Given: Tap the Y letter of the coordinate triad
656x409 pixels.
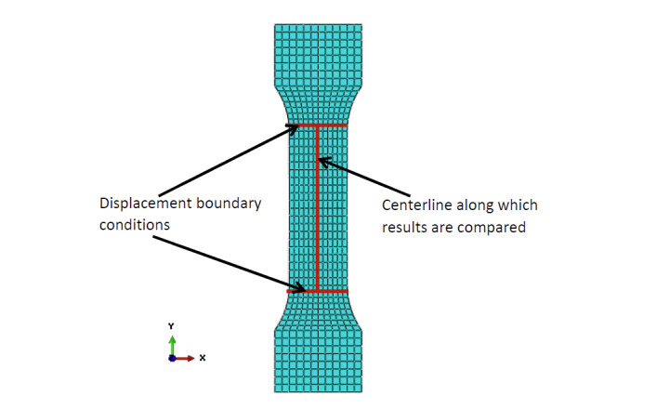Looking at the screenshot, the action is click(171, 326).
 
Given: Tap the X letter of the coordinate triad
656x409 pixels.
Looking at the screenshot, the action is click(202, 358).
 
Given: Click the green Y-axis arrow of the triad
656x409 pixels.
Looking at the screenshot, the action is click(171, 343).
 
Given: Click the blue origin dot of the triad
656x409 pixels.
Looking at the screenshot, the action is click(171, 358).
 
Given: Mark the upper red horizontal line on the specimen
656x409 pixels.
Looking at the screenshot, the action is click(333, 125).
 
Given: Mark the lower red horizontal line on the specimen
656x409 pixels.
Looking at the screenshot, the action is click(333, 291).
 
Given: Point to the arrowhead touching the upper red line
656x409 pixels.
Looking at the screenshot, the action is click(294, 128).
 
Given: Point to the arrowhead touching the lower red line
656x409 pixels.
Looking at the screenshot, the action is click(296, 287).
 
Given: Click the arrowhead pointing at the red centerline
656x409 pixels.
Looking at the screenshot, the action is click(325, 162).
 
